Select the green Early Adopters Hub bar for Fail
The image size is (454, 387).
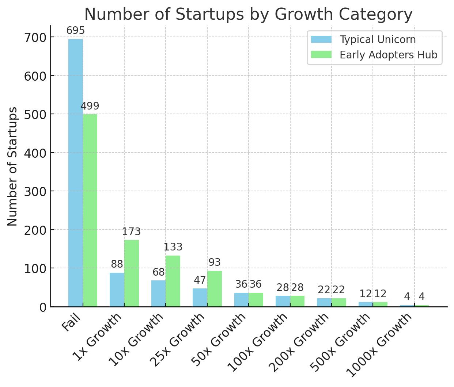(x=90, y=210)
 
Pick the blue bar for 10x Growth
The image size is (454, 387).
(x=158, y=294)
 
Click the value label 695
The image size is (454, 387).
(x=76, y=31)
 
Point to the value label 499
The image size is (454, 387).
(x=90, y=106)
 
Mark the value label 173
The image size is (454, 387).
(x=131, y=232)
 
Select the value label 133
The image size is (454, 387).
(x=173, y=247)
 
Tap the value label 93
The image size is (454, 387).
(x=215, y=263)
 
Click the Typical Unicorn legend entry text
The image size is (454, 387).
(x=378, y=39)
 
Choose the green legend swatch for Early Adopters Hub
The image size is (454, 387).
(x=321, y=55)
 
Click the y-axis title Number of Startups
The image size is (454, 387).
(x=12, y=166)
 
